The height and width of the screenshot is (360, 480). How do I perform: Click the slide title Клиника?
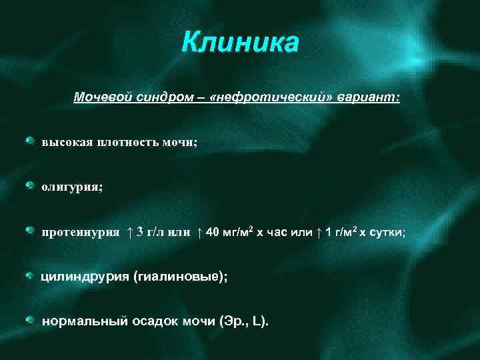(240, 44)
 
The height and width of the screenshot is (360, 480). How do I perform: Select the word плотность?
(127, 142)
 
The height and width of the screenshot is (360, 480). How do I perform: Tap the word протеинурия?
(81, 232)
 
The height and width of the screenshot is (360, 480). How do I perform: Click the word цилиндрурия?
(85, 277)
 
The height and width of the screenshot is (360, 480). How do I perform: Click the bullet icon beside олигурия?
(31, 185)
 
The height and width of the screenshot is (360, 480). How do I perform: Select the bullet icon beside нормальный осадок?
(31, 320)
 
